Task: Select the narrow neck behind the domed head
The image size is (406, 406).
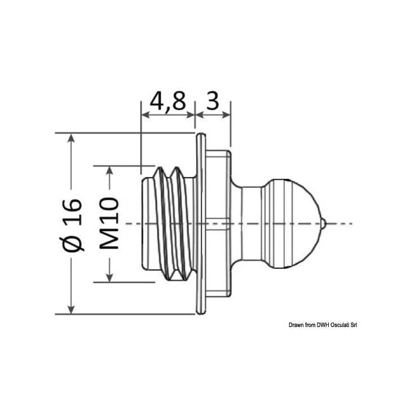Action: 251,223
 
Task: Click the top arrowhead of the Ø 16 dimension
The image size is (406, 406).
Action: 71,138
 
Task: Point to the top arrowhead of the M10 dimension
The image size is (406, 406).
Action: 109,171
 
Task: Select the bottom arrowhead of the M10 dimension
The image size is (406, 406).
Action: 109,277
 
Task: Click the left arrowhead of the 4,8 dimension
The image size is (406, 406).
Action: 145,115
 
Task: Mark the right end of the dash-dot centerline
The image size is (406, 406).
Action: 352,224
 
